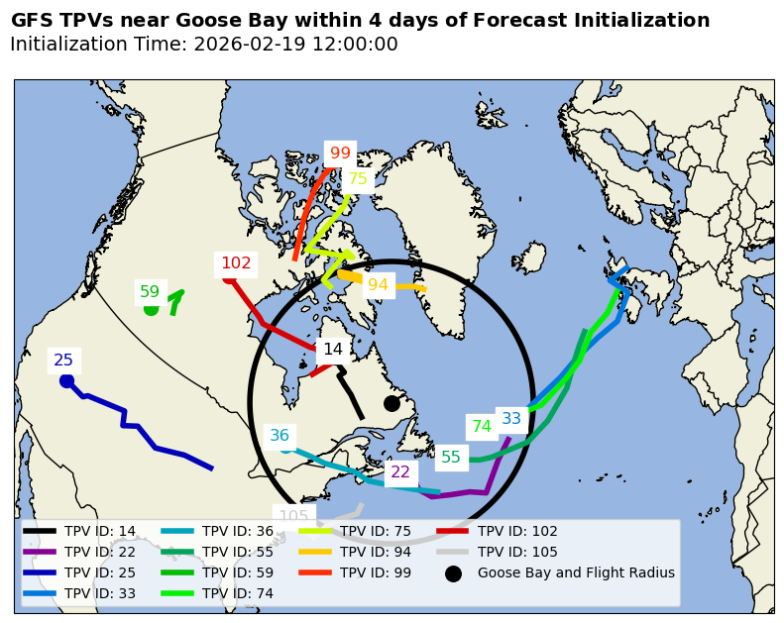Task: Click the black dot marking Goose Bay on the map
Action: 392,403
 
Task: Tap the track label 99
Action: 340,154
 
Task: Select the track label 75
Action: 357,179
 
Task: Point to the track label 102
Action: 236,263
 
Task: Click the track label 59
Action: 150,292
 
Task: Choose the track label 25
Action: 63,361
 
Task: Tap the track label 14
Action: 333,350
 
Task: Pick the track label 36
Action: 280,436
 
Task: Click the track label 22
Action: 400,472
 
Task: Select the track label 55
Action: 451,458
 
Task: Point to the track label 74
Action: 482,427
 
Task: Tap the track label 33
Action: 511,419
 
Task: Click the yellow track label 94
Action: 378,285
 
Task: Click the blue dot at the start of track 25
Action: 66,380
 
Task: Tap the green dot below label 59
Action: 151,309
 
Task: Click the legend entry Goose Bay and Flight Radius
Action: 576,572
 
